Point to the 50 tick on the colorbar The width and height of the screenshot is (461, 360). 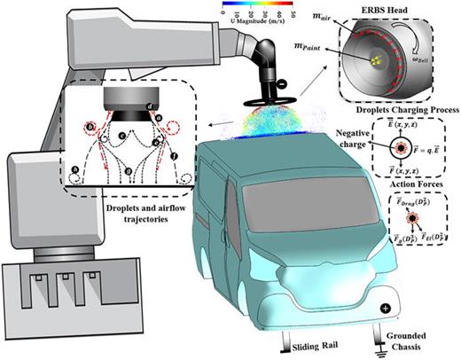point(284,16)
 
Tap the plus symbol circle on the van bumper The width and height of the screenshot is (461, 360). point(386,308)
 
